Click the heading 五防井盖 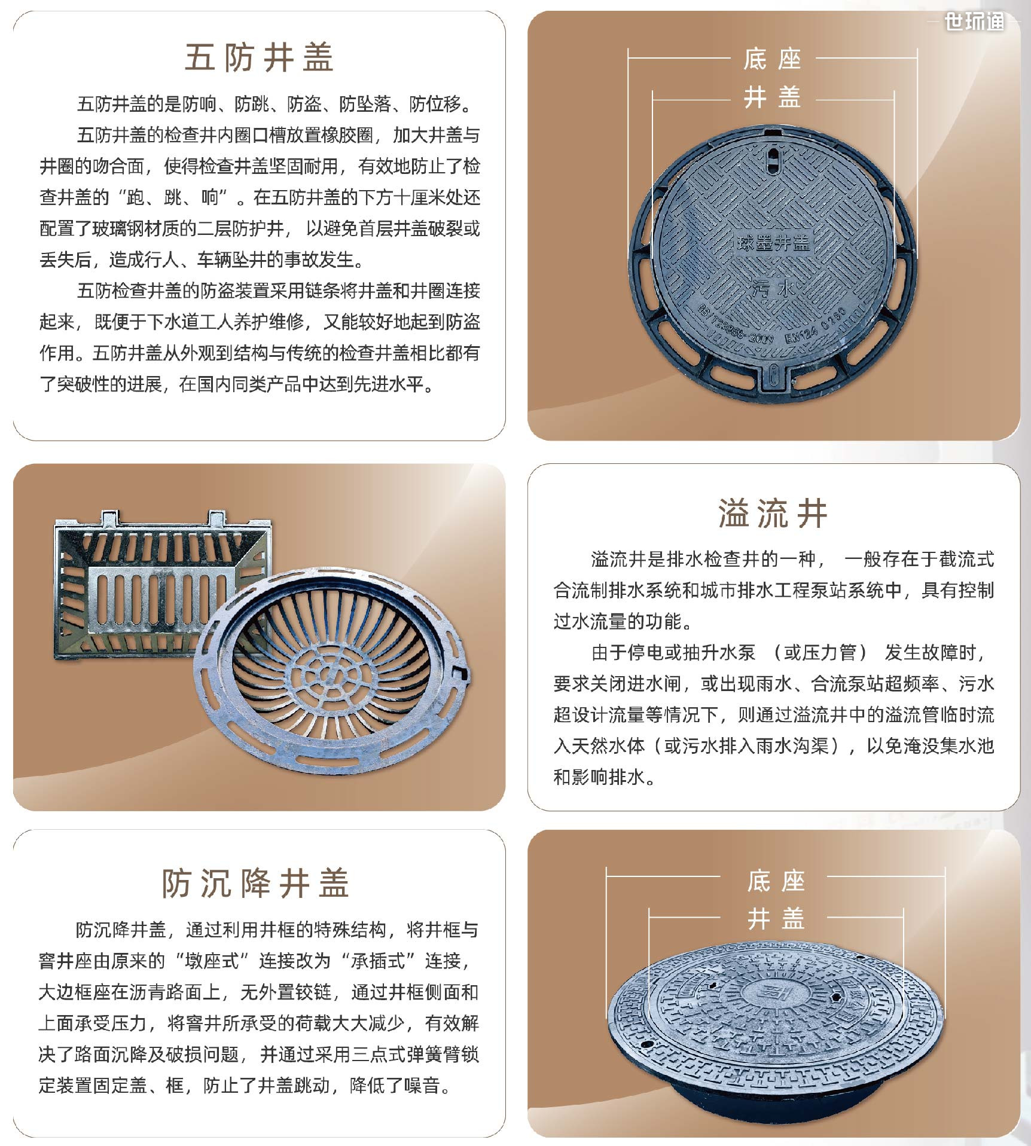(258, 58)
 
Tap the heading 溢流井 (773, 514)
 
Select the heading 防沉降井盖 (255, 883)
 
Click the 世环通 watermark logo (974, 22)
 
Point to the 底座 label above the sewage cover (772, 59)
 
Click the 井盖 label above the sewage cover (772, 97)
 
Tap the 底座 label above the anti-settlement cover (776, 881)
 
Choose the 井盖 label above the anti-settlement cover (776, 919)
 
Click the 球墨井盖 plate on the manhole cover (773, 243)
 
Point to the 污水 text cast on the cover (773, 291)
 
